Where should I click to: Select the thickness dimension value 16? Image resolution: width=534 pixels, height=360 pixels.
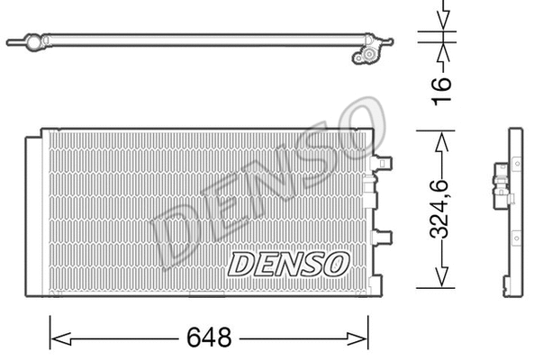(x=440, y=88)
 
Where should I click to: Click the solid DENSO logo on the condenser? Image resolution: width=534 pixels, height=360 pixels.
(x=287, y=263)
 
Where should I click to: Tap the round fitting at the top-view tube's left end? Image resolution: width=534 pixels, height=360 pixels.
(x=32, y=41)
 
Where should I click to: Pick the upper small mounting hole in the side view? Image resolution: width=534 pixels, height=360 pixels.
(x=518, y=162)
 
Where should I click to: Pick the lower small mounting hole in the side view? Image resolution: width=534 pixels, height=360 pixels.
(x=518, y=238)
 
